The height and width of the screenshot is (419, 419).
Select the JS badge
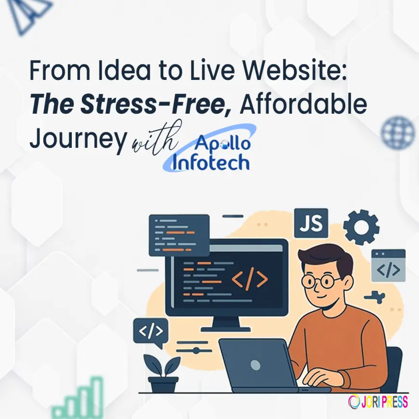point(311,223)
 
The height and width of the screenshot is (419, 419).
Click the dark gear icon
point(361,226)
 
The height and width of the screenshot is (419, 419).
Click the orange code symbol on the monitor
point(249,280)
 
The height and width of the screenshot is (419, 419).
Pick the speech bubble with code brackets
point(151,331)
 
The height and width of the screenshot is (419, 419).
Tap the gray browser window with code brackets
point(388,265)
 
